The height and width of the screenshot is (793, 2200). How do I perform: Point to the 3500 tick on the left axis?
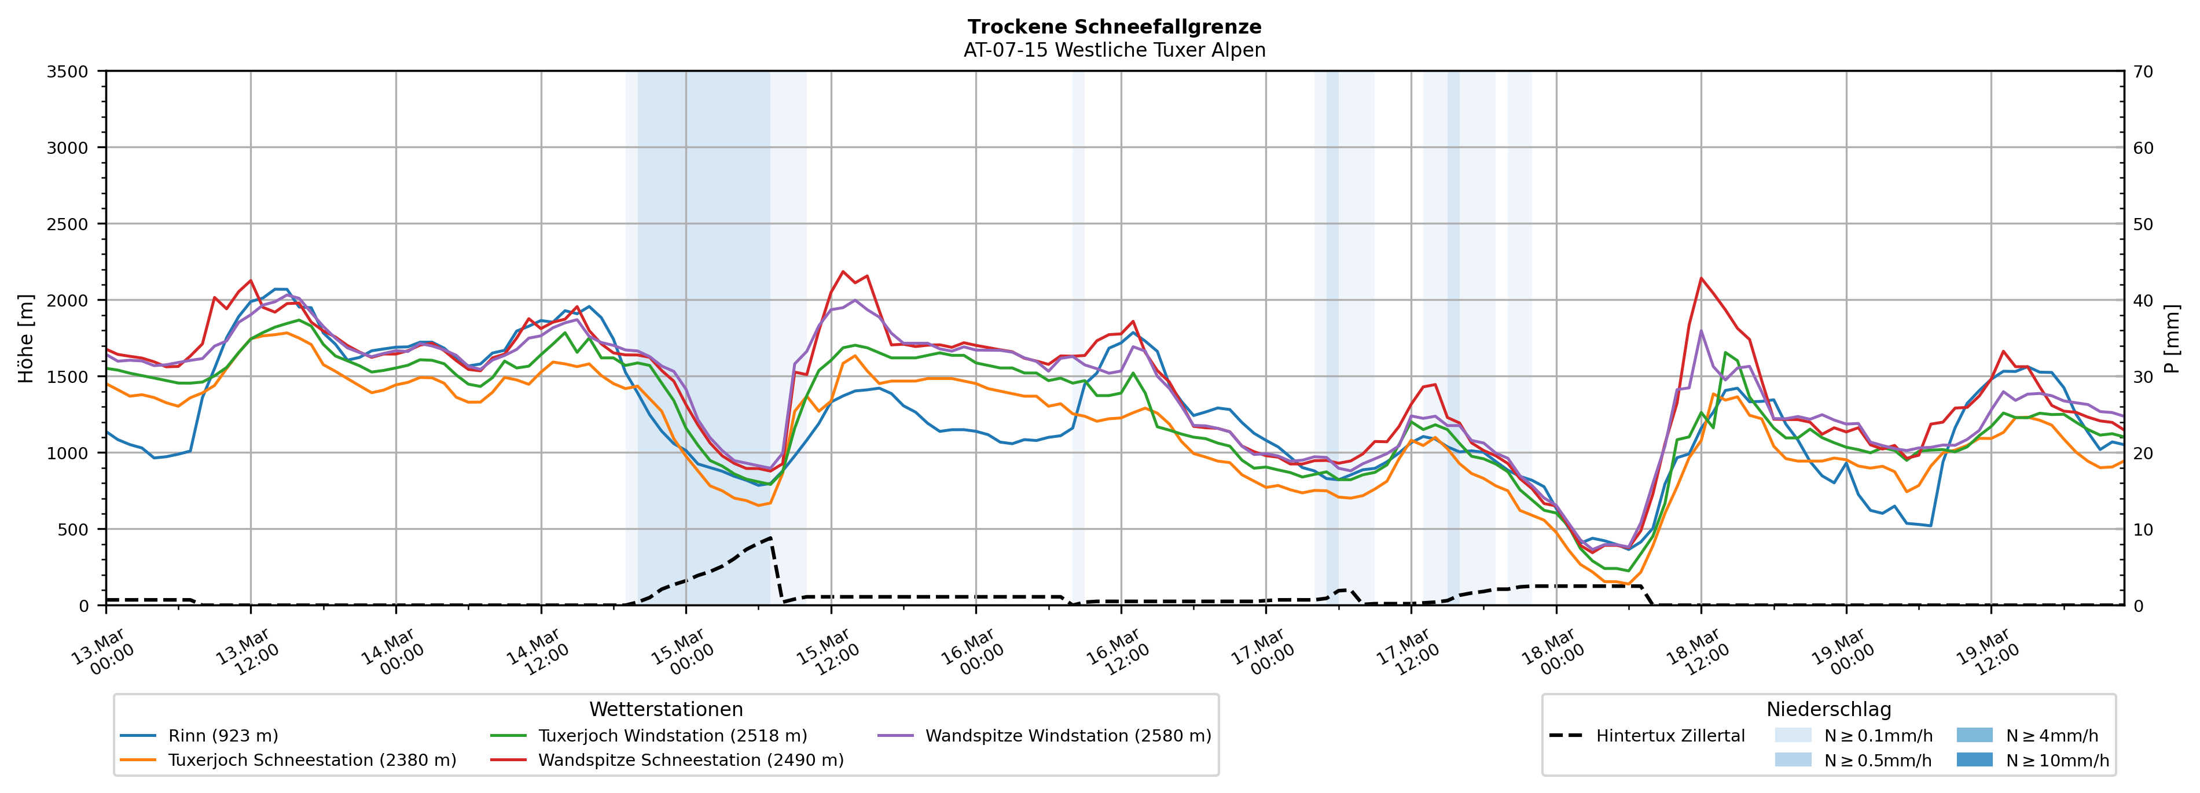pos(68,72)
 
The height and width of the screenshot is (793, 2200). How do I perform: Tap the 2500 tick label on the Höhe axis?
pos(68,224)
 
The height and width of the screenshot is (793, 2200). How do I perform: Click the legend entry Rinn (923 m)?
pos(223,736)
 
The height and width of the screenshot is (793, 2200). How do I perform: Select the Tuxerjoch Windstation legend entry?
pos(672,736)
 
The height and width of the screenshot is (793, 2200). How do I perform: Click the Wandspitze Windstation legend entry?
pos(1067,736)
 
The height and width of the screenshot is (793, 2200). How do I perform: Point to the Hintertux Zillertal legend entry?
pos(1670,736)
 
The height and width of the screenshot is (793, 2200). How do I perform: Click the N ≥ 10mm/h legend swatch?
pos(1974,759)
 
